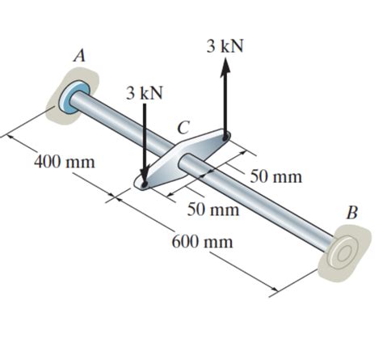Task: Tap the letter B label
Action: coord(351,213)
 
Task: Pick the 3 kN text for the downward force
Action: coord(144,92)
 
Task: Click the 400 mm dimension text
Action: coord(64,162)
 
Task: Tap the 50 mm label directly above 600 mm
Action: coord(213,210)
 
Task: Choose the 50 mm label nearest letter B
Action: coord(276,176)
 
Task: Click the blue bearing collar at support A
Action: coord(74,96)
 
